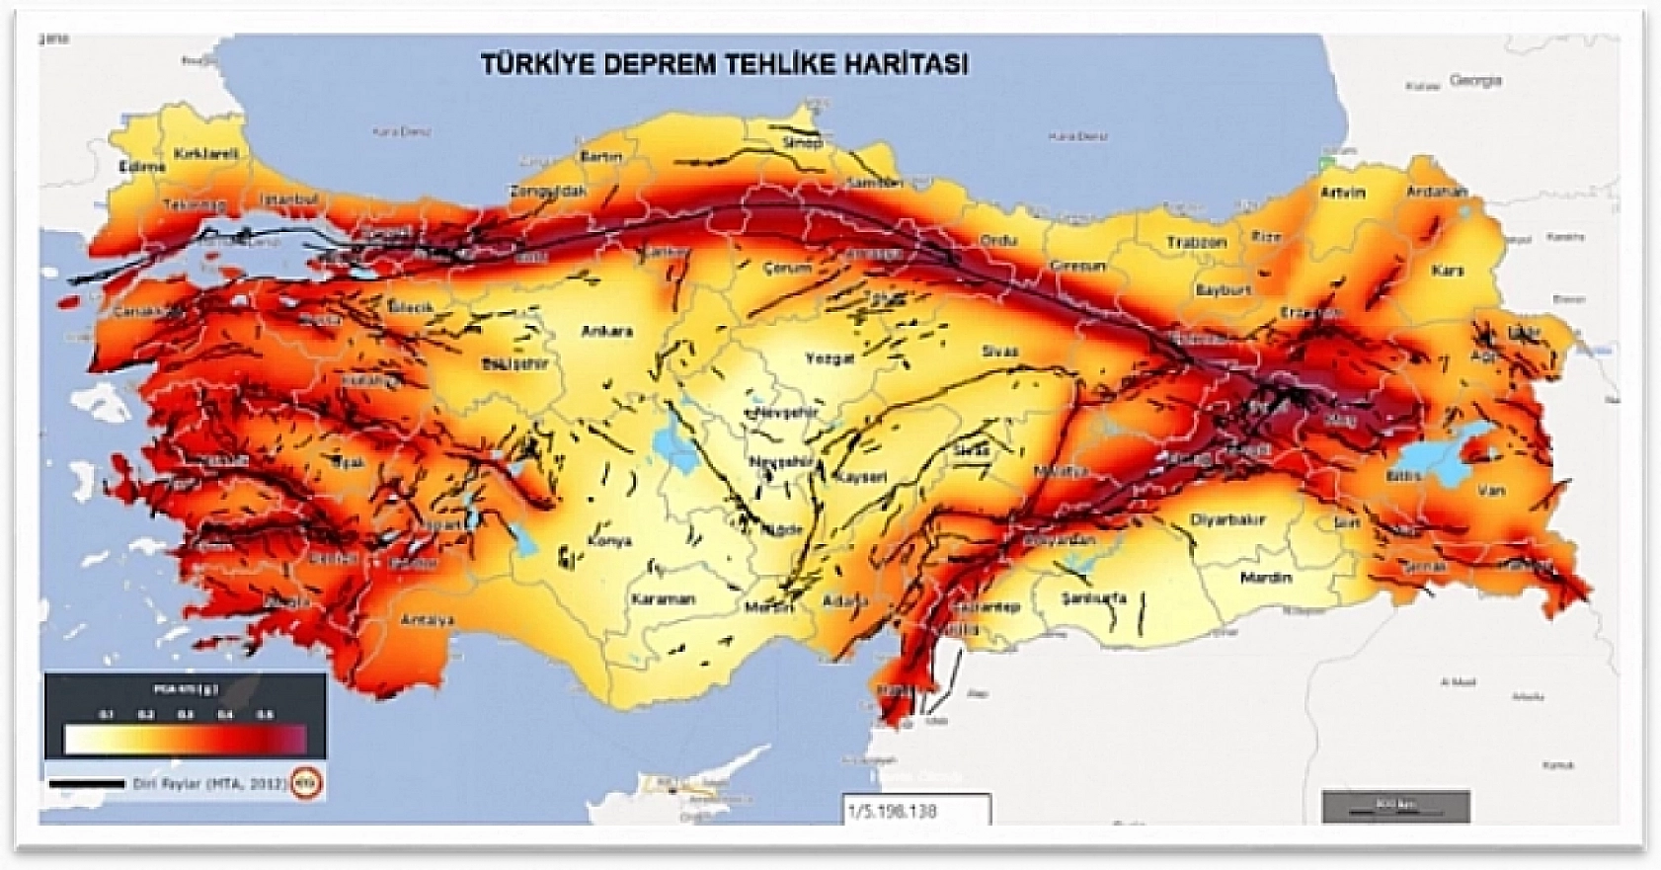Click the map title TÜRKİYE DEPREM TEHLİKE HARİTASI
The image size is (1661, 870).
[x=724, y=64]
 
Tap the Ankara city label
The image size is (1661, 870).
[x=606, y=332]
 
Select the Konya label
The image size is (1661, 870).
[x=608, y=541]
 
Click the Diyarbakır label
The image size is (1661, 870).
[x=1227, y=520]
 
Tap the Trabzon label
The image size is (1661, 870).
[x=1196, y=242]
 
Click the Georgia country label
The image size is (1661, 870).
[x=1475, y=81]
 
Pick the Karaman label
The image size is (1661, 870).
[x=664, y=598]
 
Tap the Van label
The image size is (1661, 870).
[x=1492, y=490]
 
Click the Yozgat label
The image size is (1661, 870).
[x=829, y=358]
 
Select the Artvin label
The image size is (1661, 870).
[x=1343, y=193]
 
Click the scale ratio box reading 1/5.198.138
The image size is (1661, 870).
[x=915, y=810]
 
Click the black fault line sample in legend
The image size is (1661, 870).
[x=87, y=784]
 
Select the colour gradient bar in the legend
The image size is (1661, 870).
[x=186, y=740]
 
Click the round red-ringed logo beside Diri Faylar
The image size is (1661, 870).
[x=311, y=784]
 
